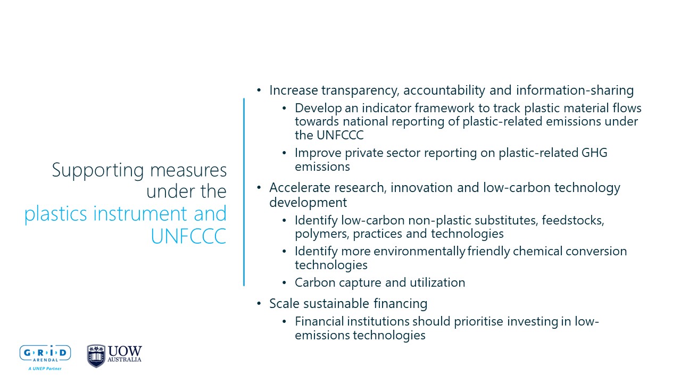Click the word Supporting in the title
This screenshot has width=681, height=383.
(x=98, y=170)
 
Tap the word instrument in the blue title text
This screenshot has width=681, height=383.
(x=140, y=213)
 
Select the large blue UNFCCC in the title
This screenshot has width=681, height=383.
(x=189, y=236)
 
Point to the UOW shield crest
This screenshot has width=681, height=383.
(x=96, y=356)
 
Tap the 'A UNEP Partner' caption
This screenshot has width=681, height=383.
(x=45, y=369)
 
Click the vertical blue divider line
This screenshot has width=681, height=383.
(x=244, y=192)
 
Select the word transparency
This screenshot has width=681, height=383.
(x=360, y=90)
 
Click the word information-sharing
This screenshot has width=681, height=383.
(x=575, y=90)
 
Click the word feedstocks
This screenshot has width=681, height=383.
(x=573, y=220)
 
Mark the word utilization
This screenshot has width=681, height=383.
(x=437, y=282)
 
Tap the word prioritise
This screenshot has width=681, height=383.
(x=478, y=322)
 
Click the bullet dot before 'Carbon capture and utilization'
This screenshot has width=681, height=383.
(x=284, y=282)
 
